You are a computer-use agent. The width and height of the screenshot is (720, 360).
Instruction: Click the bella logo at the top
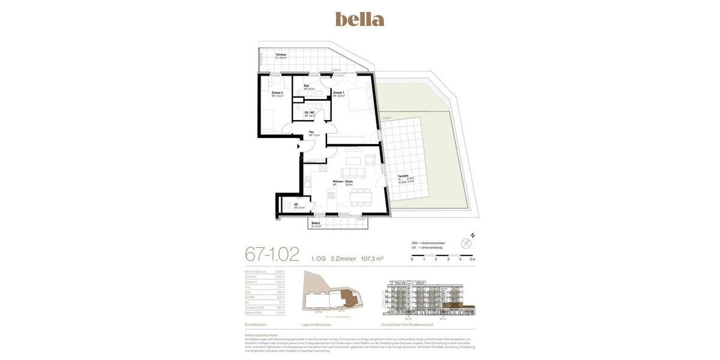[x=359, y=19]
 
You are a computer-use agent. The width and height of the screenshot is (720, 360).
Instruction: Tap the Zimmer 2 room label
[x=277, y=93]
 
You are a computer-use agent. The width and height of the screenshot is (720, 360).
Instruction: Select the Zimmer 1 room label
[x=338, y=93]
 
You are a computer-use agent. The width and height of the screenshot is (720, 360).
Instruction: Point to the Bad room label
[x=307, y=86]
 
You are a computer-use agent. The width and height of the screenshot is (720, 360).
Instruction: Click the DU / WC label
[x=310, y=113]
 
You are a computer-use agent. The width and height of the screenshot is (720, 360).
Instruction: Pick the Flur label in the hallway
[x=311, y=132]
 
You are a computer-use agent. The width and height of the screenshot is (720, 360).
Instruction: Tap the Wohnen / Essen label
[x=343, y=181]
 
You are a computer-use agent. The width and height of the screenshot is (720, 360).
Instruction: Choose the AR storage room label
[x=296, y=205]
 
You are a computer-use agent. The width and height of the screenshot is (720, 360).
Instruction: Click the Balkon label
[x=316, y=223]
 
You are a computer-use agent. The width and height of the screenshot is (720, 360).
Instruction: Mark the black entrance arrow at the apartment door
[x=299, y=146]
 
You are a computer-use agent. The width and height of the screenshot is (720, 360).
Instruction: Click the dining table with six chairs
[x=361, y=197]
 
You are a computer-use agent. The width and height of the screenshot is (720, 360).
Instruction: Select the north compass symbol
[x=466, y=243]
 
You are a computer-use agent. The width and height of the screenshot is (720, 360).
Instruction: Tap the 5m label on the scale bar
[x=473, y=259]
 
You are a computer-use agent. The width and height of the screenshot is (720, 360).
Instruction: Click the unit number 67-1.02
[x=272, y=254]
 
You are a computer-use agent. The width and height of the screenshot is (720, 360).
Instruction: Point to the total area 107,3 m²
[x=372, y=259]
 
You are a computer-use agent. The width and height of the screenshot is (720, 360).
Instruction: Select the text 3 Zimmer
[x=343, y=259]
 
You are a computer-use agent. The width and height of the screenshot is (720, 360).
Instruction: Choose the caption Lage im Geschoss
[x=316, y=325]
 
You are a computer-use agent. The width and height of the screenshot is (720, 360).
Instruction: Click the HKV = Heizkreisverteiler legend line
[x=428, y=243]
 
